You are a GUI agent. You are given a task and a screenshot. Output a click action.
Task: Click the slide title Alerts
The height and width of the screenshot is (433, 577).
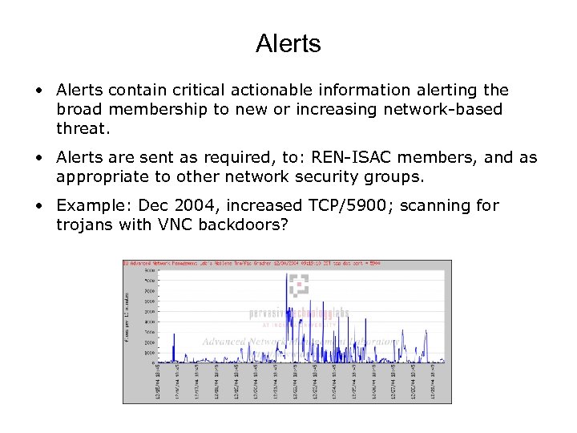[x=288, y=43]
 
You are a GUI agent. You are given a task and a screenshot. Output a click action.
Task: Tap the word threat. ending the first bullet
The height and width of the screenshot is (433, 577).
[x=82, y=128]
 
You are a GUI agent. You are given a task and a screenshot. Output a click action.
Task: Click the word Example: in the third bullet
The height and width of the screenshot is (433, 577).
[x=89, y=206]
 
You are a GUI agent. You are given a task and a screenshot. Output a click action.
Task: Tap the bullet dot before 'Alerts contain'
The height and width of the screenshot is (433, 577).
[x=39, y=91]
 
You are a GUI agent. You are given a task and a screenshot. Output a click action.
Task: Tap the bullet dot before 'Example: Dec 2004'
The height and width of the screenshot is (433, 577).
[x=39, y=206]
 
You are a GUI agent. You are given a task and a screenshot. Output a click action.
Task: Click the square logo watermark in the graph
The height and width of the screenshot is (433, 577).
[x=298, y=285]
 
